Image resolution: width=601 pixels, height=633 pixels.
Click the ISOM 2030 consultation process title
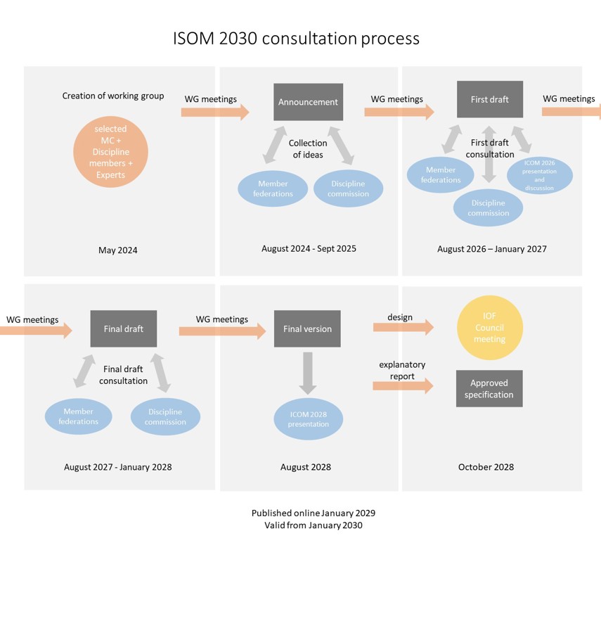click(x=296, y=38)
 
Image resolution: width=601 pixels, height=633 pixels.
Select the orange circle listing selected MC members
click(x=110, y=152)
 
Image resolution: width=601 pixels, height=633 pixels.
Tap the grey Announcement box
click(x=308, y=102)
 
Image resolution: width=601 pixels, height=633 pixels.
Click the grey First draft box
click(x=489, y=99)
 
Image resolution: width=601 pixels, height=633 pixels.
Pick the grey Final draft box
click(x=123, y=328)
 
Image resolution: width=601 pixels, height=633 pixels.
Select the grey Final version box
click(x=307, y=328)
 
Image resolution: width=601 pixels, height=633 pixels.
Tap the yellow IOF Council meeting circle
click(x=489, y=328)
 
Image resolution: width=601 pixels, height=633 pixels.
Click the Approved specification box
click(x=489, y=388)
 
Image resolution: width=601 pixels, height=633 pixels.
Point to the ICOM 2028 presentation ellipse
click(x=308, y=419)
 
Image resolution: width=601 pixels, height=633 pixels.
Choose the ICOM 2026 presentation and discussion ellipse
click(x=539, y=175)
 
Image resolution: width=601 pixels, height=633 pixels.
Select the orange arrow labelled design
click(x=403, y=327)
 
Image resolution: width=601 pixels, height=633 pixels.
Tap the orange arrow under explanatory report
click(x=403, y=385)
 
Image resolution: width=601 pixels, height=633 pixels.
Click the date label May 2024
click(x=117, y=250)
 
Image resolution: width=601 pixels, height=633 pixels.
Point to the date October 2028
click(x=486, y=467)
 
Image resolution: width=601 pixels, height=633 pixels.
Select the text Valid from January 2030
click(x=314, y=525)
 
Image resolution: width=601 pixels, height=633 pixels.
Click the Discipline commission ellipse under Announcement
click(x=348, y=188)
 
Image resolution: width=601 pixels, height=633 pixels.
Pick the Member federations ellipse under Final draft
click(x=78, y=416)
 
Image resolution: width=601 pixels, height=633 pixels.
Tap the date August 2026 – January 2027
click(x=491, y=249)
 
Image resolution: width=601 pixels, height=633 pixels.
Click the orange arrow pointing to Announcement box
click(x=215, y=112)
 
